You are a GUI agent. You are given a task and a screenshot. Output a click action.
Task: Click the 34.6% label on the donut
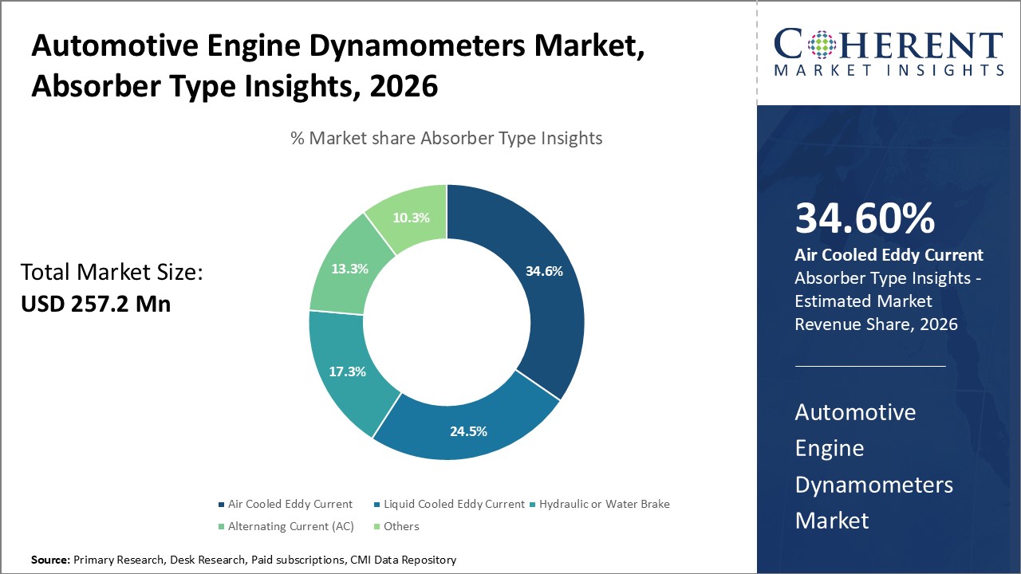click(x=544, y=271)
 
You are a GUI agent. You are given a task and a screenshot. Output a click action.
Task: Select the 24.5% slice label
click(x=467, y=431)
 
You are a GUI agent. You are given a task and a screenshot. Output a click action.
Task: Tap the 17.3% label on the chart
click(x=348, y=372)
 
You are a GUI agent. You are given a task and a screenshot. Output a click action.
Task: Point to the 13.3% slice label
click(x=349, y=269)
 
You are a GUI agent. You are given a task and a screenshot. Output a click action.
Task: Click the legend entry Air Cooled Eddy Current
click(x=290, y=504)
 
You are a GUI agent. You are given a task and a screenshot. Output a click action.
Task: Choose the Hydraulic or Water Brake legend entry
click(x=604, y=504)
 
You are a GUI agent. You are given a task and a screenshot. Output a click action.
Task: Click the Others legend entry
click(x=400, y=526)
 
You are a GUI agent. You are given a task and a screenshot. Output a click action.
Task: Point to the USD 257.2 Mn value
click(x=96, y=304)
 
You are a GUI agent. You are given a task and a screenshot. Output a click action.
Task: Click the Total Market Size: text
click(x=112, y=273)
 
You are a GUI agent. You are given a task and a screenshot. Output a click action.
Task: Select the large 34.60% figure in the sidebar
click(x=865, y=219)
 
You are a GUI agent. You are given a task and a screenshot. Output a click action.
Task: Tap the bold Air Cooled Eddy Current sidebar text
click(x=889, y=255)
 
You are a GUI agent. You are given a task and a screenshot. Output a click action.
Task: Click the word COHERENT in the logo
click(x=888, y=44)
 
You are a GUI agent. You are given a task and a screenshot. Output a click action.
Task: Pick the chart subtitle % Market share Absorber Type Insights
click(x=446, y=138)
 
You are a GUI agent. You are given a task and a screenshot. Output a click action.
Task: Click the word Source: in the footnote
click(x=50, y=560)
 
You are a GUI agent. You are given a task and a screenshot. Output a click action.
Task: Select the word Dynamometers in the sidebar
click(x=873, y=484)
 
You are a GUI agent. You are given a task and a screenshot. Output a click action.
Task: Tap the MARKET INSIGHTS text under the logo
click(x=888, y=70)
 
